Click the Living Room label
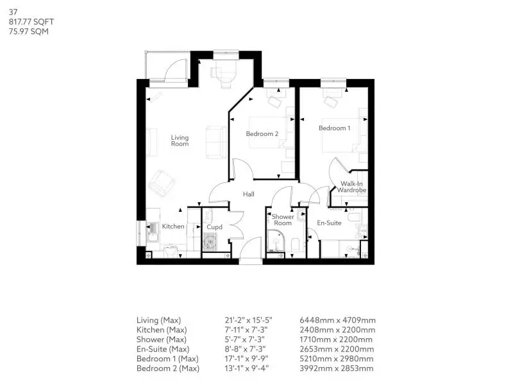point(180,141)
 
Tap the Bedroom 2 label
point(262,133)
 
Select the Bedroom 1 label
point(334,128)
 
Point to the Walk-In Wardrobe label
point(351,187)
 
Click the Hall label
point(249,194)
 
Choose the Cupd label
point(214,227)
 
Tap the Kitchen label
point(173,227)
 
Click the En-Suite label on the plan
point(329,223)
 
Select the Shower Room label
point(283,219)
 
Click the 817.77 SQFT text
point(31,22)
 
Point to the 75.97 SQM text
point(29,31)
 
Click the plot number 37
point(13,12)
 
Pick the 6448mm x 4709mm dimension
point(338,320)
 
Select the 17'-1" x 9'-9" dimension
point(246,359)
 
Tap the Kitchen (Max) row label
point(162,330)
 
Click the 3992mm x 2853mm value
point(336,368)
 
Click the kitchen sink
point(153,232)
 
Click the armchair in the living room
point(162,184)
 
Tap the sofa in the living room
point(216,142)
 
